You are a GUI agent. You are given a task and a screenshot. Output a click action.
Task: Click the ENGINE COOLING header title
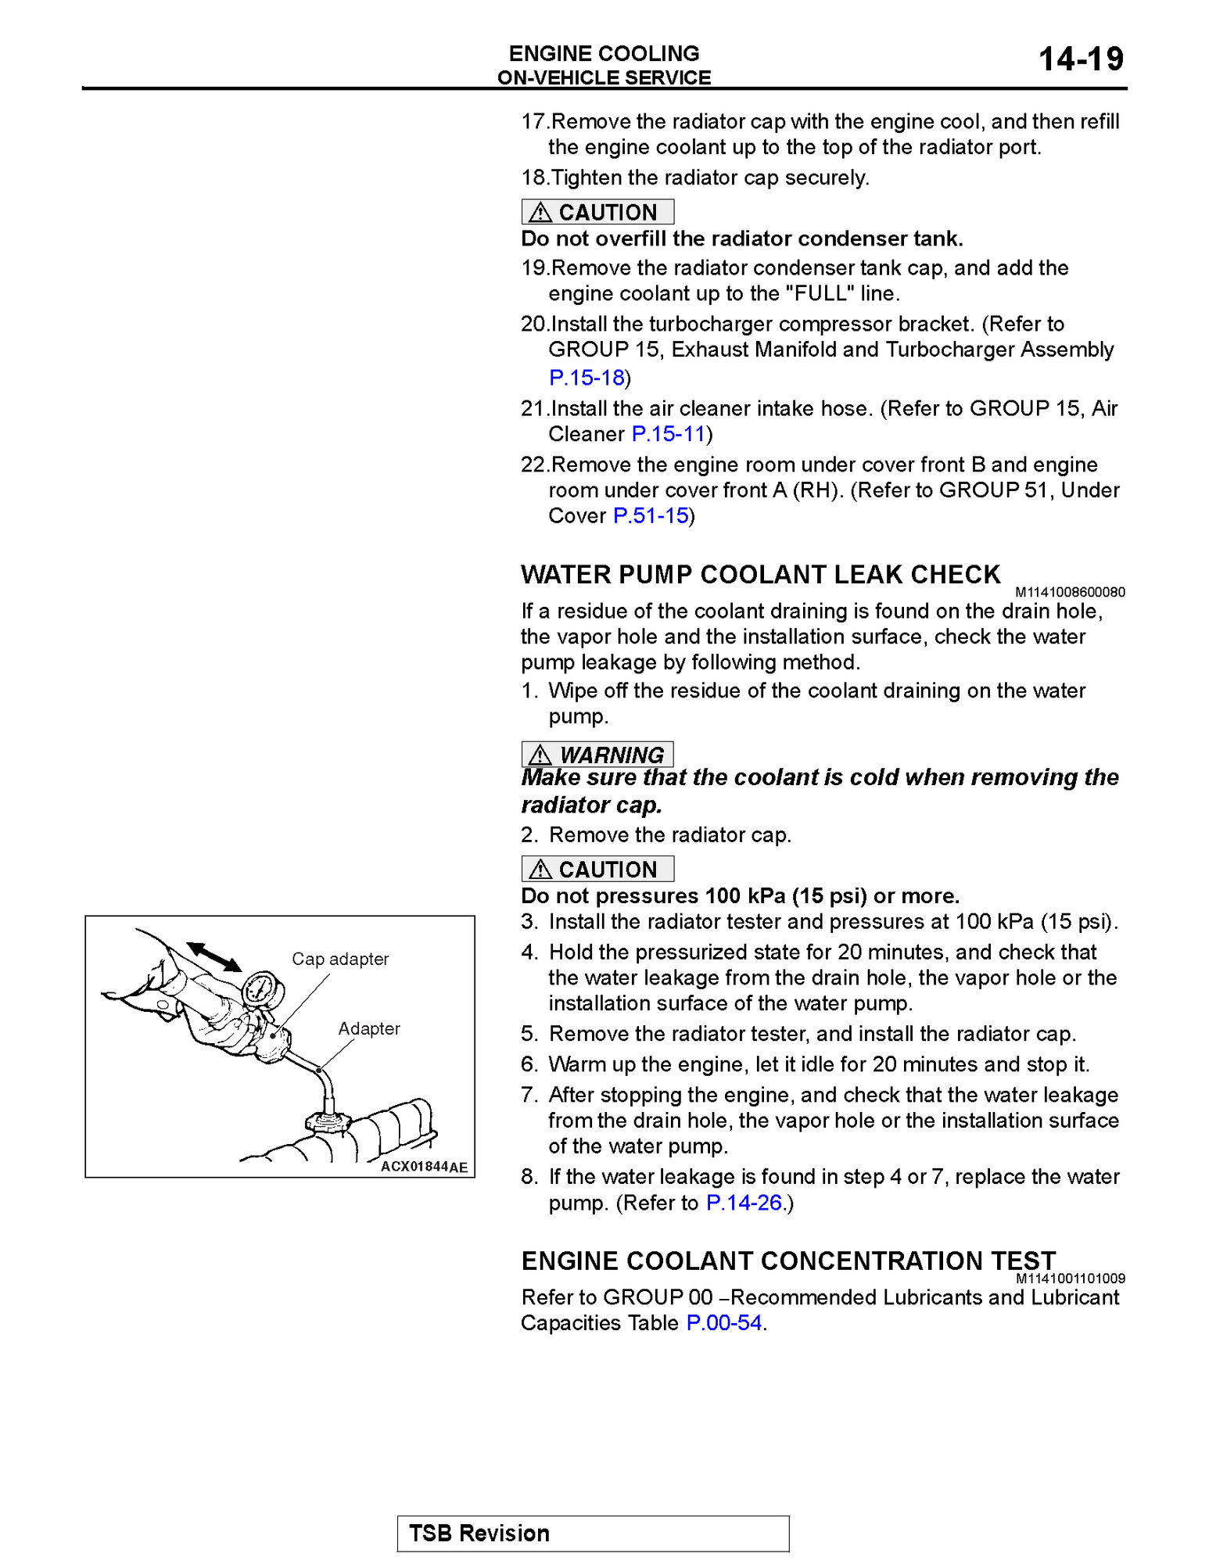tap(604, 53)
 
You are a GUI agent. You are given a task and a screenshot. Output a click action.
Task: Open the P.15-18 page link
tap(587, 378)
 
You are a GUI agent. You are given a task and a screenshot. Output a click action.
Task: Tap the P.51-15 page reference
tap(651, 516)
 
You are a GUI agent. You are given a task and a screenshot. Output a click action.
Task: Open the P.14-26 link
tap(744, 1203)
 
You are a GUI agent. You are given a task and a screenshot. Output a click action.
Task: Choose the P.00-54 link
tap(723, 1323)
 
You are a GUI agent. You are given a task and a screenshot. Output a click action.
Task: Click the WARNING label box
tap(597, 755)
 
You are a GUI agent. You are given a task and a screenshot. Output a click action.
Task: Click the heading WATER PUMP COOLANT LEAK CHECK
tap(760, 575)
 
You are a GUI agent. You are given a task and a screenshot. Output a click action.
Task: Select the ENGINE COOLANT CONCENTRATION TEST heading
tap(788, 1261)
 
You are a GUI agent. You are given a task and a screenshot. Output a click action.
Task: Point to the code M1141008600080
tap(1070, 593)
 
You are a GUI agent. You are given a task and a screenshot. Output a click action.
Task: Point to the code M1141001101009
tap(1070, 1279)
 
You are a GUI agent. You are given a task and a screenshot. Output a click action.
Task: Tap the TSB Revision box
tap(593, 1534)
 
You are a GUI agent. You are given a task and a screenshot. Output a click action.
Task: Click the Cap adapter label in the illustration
tap(340, 959)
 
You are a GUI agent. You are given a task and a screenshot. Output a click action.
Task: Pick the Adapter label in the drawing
tap(369, 1028)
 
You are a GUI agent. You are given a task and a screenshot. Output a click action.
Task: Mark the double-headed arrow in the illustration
tap(213, 956)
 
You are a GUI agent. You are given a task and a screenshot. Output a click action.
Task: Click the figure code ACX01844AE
tap(424, 1167)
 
